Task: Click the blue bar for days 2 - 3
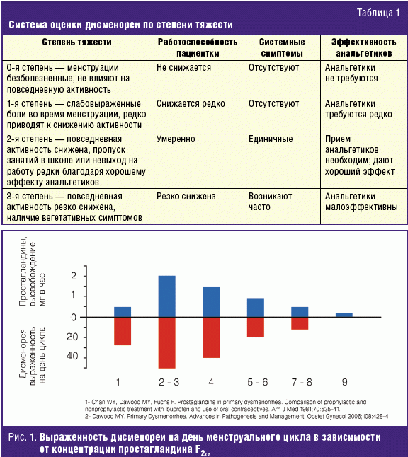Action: tap(167, 296)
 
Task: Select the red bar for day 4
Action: tap(211, 337)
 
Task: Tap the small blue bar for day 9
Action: tap(344, 315)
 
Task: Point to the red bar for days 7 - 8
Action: tap(300, 323)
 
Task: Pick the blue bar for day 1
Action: tap(123, 312)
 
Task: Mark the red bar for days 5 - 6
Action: tap(256, 328)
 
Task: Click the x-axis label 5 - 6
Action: tap(258, 382)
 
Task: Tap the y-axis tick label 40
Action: tap(72, 356)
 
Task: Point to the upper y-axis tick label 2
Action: tap(74, 276)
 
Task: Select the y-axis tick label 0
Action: tap(74, 317)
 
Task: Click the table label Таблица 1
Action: tap(378, 13)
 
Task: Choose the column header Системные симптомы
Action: tap(282, 48)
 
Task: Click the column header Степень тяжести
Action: tap(76, 42)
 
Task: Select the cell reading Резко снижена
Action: tap(186, 197)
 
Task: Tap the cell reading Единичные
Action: tap(271, 139)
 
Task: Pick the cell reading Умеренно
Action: tap(176, 139)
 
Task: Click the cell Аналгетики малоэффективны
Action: tap(361, 202)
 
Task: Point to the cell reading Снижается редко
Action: tap(191, 104)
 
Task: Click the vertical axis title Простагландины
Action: tap(23, 271)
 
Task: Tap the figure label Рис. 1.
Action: tap(23, 437)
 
